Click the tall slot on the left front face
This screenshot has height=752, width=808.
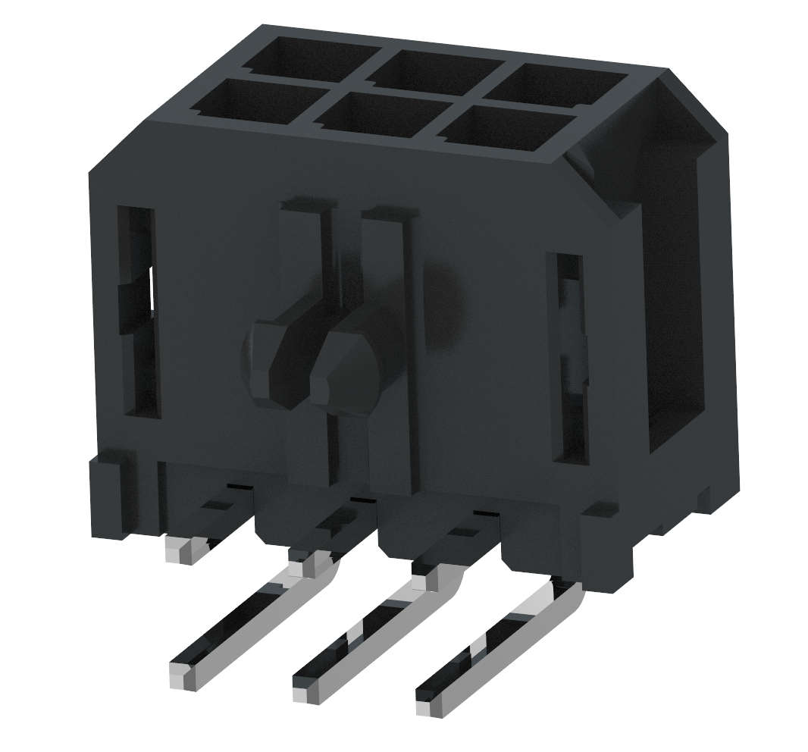tap(138, 311)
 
